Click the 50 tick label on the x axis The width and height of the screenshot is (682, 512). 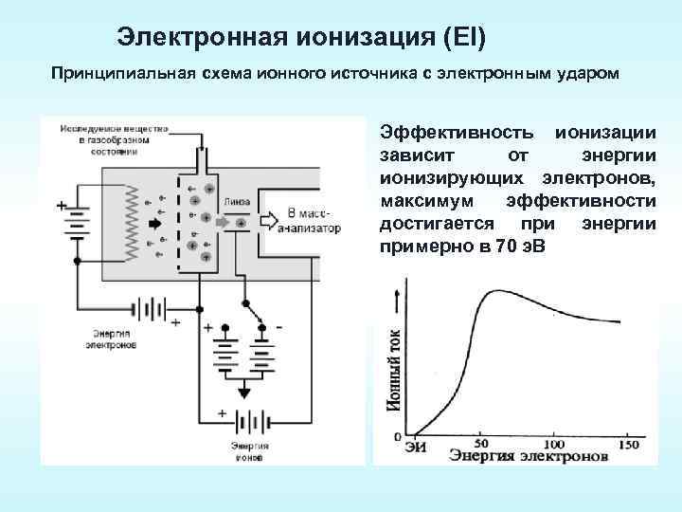(480, 443)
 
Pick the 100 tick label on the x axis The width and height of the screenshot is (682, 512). (553, 443)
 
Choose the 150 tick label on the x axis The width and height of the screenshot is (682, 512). (627, 443)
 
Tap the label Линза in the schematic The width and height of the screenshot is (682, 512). (237, 201)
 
